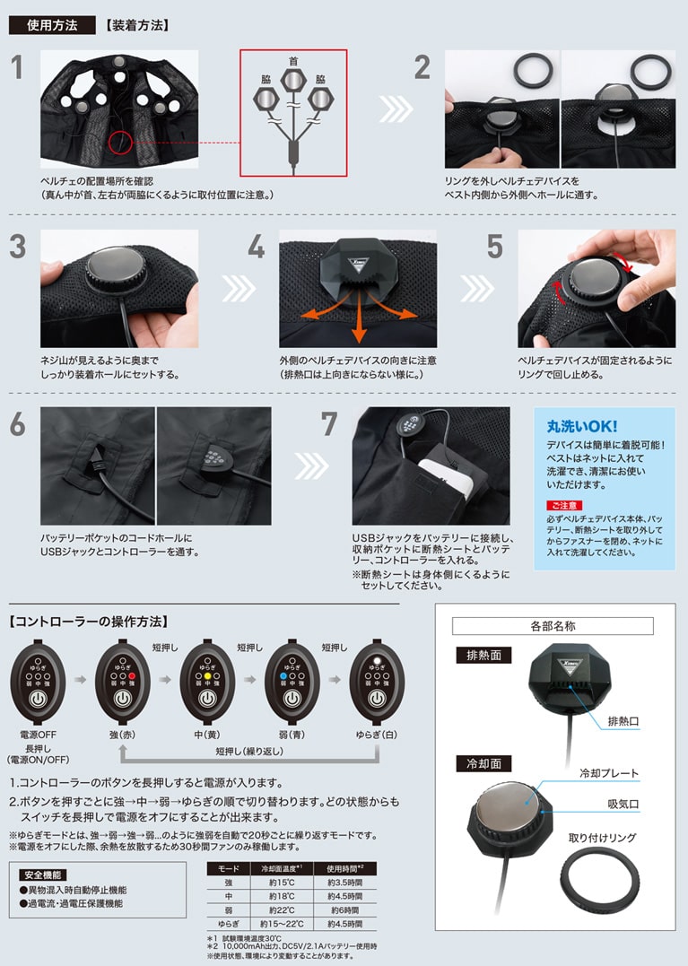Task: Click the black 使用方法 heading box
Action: click(x=52, y=25)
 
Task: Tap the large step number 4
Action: click(x=257, y=248)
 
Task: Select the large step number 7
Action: click(x=330, y=425)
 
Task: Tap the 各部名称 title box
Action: click(x=552, y=626)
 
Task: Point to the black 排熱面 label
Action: click(x=483, y=655)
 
